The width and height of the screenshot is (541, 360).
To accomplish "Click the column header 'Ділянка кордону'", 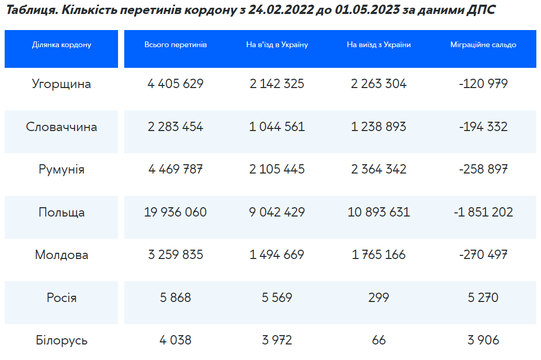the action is [x=62, y=45].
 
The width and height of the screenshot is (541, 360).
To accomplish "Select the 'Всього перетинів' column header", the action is [x=176, y=45].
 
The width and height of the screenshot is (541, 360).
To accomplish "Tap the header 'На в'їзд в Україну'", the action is [x=277, y=45].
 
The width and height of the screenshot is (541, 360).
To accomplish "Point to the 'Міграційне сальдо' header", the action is [x=483, y=45].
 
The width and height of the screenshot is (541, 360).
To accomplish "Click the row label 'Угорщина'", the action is [x=62, y=84].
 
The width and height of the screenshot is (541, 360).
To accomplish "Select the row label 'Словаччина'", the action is [x=62, y=127].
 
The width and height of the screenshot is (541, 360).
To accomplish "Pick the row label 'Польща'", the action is [x=62, y=212].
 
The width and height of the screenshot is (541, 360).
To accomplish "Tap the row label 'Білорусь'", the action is [x=62, y=340].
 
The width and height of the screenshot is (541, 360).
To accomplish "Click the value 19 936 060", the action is [x=176, y=212].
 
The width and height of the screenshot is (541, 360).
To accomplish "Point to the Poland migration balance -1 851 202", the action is [x=483, y=212].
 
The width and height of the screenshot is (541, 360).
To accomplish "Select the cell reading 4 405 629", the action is [x=176, y=83].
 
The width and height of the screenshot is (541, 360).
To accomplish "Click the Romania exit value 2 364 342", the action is [x=378, y=169].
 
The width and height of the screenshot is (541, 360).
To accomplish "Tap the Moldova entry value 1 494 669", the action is [x=276, y=255].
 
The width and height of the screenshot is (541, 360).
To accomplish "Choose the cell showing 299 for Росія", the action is [x=378, y=297].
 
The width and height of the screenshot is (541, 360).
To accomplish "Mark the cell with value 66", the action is [x=378, y=340].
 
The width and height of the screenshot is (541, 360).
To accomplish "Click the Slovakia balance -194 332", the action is [x=483, y=127].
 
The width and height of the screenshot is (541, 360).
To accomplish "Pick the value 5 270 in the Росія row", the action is [x=483, y=297].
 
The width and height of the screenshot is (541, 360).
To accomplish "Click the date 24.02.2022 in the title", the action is [x=281, y=10].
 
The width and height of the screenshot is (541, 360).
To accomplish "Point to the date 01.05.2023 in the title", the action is [x=367, y=10].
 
